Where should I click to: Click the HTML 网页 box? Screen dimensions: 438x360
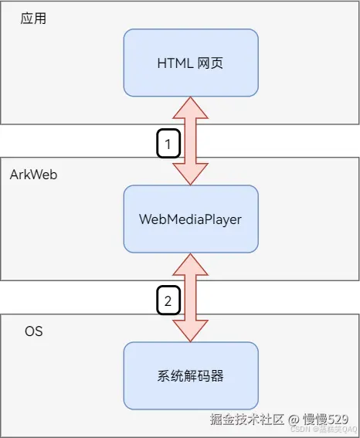[190, 63]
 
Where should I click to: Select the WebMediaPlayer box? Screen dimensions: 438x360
[190, 219]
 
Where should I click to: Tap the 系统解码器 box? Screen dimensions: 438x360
[190, 376]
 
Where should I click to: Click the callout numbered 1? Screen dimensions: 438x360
[168, 143]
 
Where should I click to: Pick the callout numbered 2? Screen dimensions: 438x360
[168, 300]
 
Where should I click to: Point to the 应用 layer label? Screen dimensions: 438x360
[33, 19]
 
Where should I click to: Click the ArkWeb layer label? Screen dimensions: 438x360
[33, 175]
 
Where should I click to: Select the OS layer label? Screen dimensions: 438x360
[33, 331]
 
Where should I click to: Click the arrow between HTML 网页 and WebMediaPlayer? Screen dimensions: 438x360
[190, 141]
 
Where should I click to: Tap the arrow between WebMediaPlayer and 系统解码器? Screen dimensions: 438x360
[190, 297]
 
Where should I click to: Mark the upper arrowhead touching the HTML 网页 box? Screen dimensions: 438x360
[190, 108]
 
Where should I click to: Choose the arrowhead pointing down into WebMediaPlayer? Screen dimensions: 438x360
[190, 174]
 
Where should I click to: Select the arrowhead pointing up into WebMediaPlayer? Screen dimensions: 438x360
[190, 265]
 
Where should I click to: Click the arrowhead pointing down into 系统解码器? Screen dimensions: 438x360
[190, 331]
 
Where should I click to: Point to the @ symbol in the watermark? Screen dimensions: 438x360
[294, 419]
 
